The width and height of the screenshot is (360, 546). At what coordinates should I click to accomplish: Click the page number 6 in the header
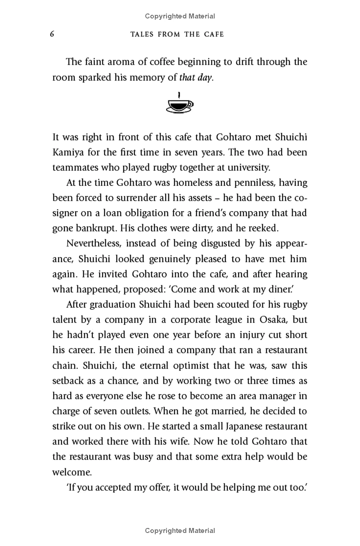point(52,34)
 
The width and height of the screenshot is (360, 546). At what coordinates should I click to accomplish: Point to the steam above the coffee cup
point(179,95)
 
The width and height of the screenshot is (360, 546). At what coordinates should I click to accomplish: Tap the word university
point(244,168)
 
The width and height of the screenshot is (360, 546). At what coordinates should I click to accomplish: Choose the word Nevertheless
point(94,244)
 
